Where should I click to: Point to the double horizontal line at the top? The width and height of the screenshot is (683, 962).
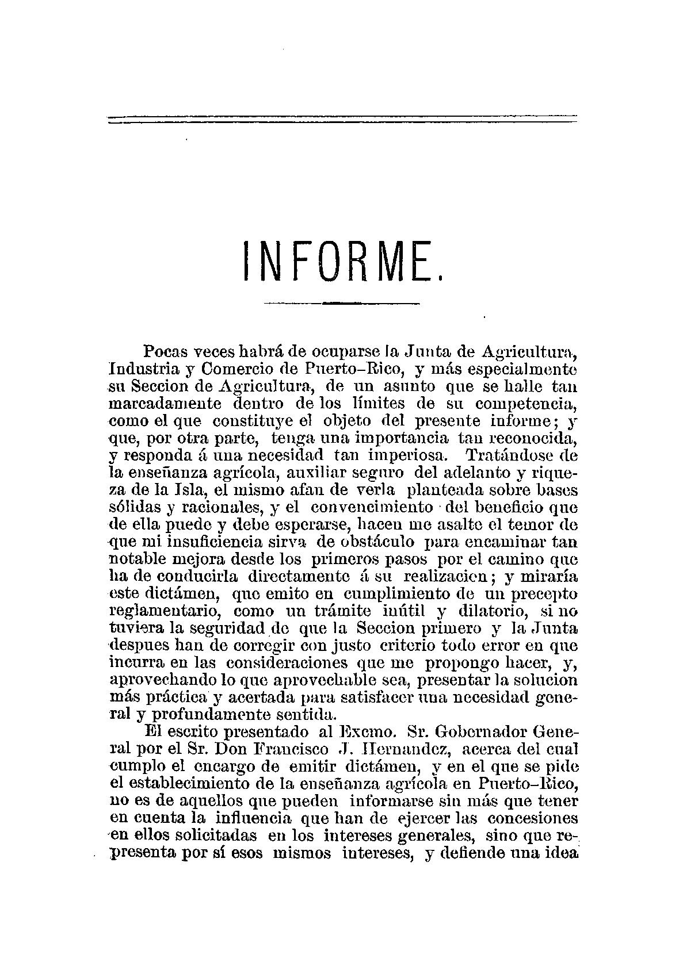342,119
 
